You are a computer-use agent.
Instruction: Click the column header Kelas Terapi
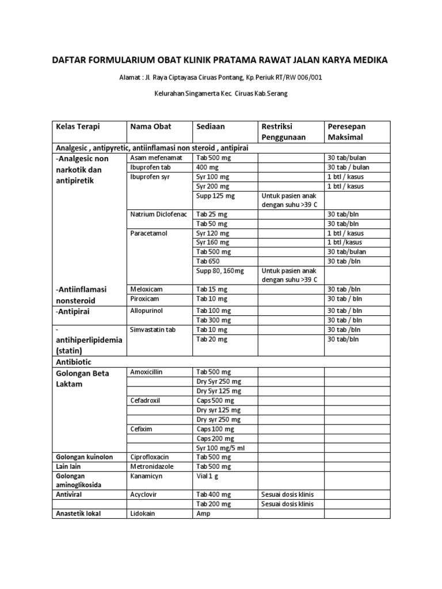[x=74, y=126]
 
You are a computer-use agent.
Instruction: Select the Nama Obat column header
[x=151, y=126]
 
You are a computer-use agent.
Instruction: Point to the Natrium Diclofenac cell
[x=159, y=214]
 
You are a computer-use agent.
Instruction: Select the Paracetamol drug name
[x=149, y=233]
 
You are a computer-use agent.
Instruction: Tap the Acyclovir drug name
[x=144, y=494]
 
